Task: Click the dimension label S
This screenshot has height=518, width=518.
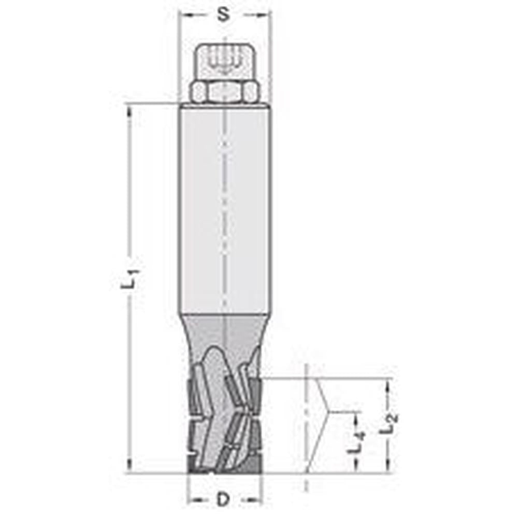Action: (x=223, y=15)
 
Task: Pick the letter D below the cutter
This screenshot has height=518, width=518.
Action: (x=223, y=500)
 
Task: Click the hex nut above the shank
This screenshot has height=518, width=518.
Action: (x=224, y=92)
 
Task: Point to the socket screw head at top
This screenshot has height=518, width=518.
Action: (x=224, y=61)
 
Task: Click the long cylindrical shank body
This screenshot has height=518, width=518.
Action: (x=224, y=207)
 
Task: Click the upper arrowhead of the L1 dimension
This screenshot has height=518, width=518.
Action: (x=128, y=109)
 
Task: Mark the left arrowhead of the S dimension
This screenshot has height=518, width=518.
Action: (x=182, y=15)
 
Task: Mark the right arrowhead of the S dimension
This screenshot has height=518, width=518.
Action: (x=266, y=15)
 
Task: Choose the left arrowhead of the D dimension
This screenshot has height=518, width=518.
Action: (x=191, y=500)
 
